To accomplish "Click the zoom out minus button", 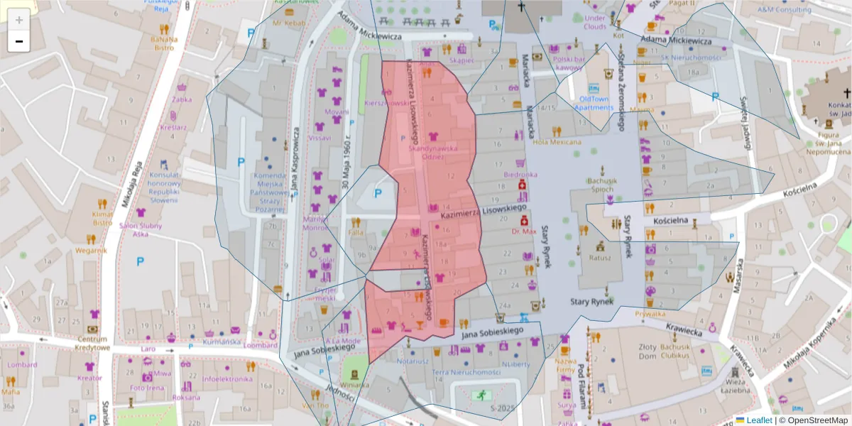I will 19,41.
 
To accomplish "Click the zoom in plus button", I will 19,20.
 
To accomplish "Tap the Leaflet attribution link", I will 758,420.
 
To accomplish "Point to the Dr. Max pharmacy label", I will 524,231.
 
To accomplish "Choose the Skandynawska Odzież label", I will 432,153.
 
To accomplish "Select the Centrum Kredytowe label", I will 93,343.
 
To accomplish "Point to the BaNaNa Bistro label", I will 163,43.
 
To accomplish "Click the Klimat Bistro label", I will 102,218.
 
